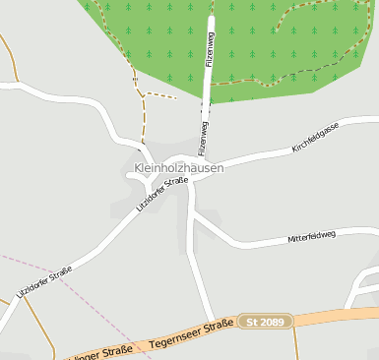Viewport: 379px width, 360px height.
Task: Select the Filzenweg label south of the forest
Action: [204, 139]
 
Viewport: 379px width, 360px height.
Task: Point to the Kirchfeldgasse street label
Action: [315, 137]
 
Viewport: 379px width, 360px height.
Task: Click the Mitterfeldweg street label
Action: [311, 236]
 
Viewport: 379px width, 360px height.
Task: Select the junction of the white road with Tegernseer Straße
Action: [211, 328]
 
